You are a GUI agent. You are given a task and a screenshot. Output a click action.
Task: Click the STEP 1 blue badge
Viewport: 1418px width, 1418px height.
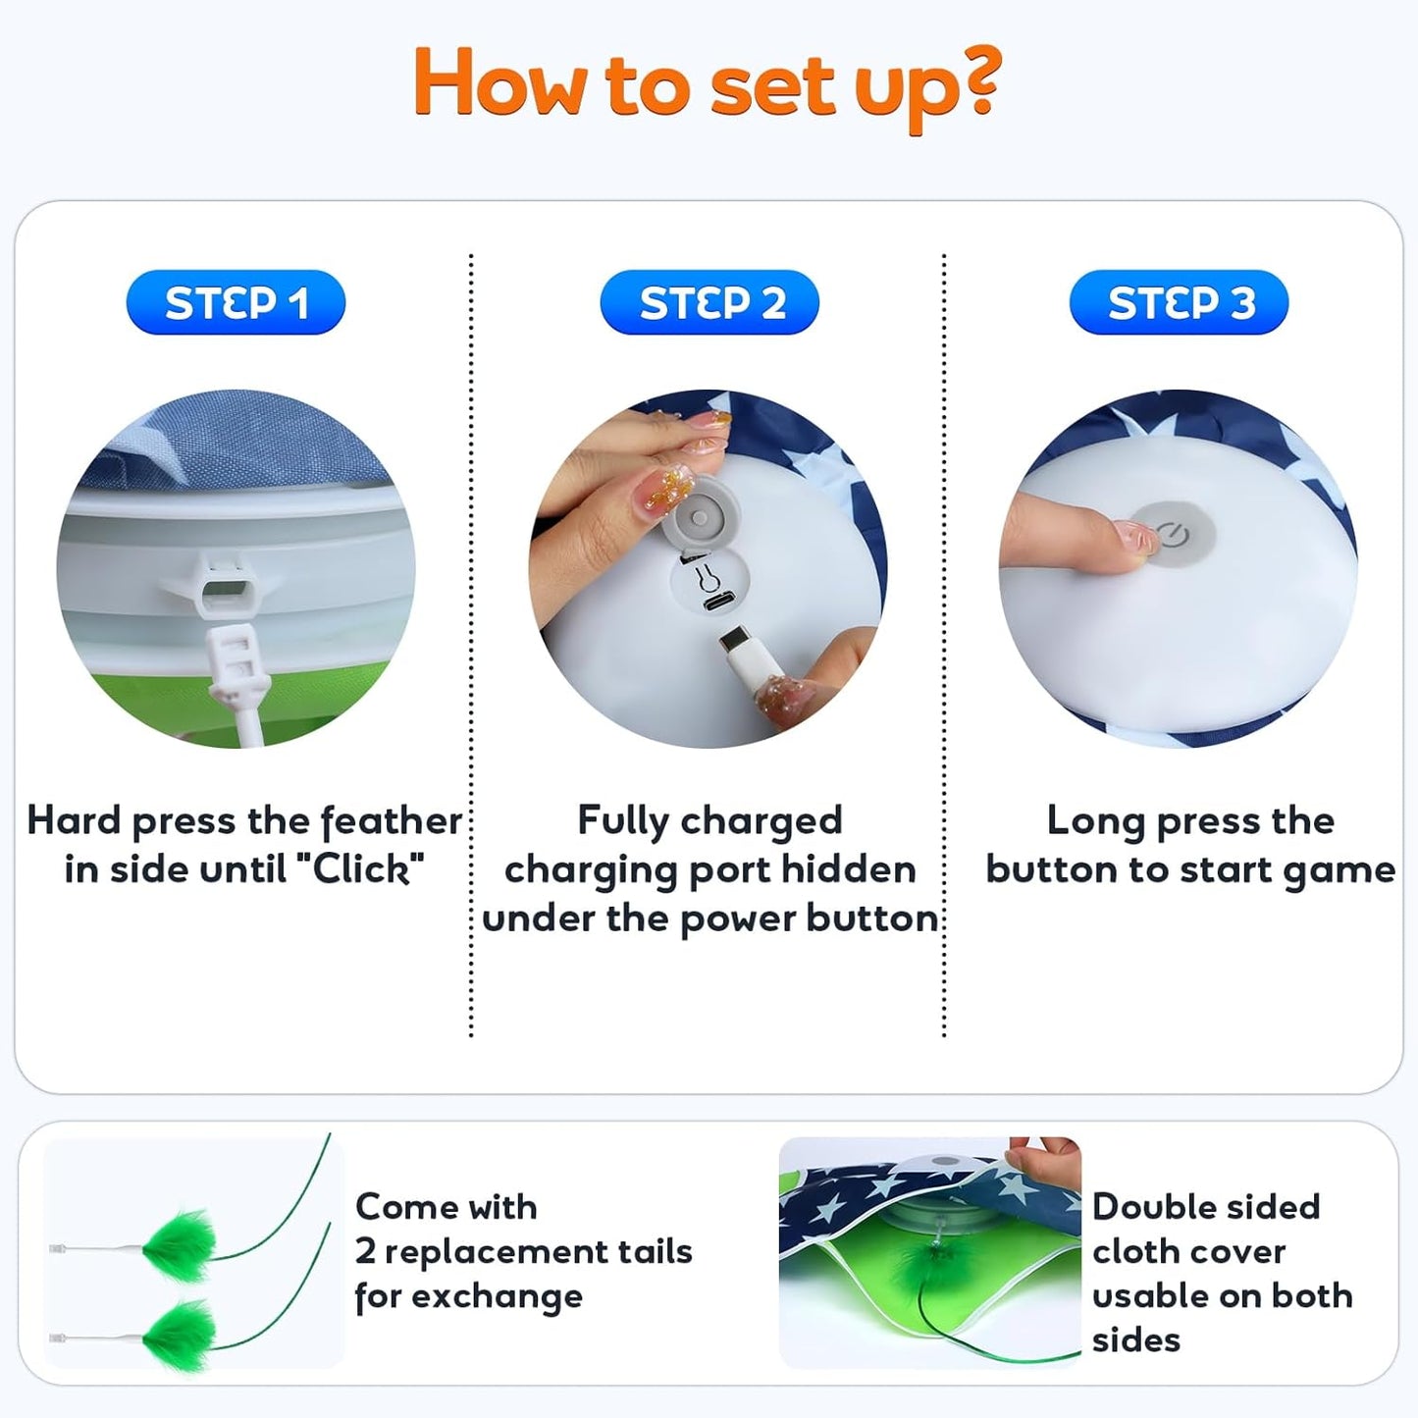pyautogui.click(x=236, y=302)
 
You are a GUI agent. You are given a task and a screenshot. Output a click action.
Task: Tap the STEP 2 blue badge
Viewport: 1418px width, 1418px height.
pyautogui.click(x=709, y=302)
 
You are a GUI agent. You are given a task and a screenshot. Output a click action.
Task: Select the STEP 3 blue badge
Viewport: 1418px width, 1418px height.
pyautogui.click(x=1179, y=302)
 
